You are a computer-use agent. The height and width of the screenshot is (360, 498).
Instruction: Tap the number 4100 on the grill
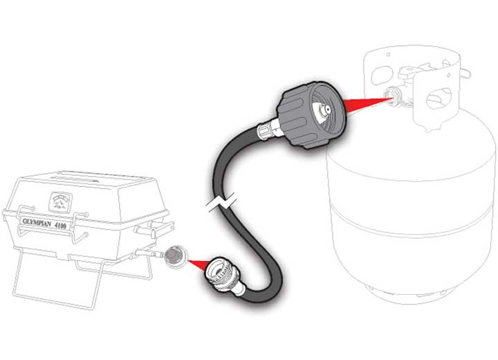pos(60,226)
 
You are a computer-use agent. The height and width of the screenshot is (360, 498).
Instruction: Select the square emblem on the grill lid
pos(61,202)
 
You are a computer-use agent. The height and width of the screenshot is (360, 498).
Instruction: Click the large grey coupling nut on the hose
pos(311,115)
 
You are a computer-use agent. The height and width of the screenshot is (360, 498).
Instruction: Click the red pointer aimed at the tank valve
pos(369,104)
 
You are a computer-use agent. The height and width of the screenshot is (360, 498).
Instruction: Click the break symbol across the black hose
pos(221,204)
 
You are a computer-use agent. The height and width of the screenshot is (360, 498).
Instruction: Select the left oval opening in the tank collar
pos(382,75)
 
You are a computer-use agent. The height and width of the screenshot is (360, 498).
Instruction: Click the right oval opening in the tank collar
pos(440,98)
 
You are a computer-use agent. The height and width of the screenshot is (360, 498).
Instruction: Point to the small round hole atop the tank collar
pos(389,55)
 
